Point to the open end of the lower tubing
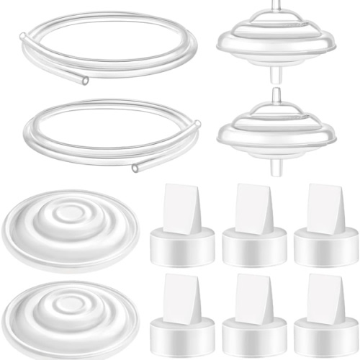[x=135, y=168]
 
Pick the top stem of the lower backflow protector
[x=277, y=95]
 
